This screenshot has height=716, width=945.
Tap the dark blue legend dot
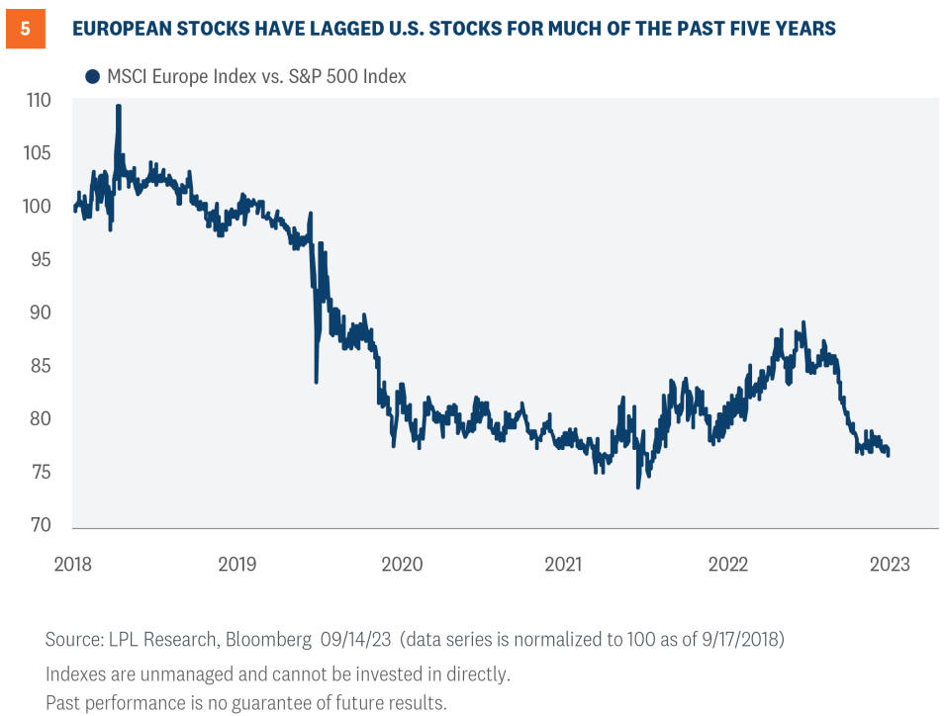93,76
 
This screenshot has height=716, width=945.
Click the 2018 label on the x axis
73,564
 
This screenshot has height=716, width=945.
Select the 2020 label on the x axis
401,564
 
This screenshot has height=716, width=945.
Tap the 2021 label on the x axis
564,564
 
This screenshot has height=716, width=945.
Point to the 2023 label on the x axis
890,564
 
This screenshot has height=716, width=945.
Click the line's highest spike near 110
119,106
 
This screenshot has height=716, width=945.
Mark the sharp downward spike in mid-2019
317,381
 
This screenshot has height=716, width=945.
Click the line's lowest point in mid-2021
638,487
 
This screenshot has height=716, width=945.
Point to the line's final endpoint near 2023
888,454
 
